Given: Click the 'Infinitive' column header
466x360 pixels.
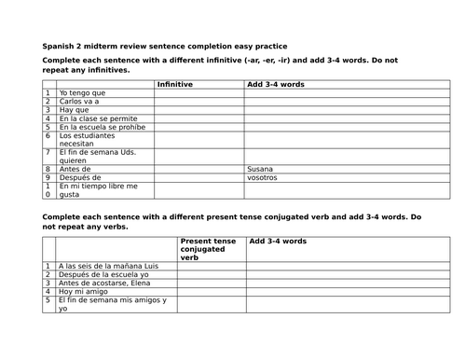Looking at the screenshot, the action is (x=175, y=84).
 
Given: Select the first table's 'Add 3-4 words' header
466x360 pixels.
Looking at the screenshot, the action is (x=276, y=84).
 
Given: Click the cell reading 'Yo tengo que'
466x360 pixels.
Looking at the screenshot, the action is (x=82, y=93).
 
